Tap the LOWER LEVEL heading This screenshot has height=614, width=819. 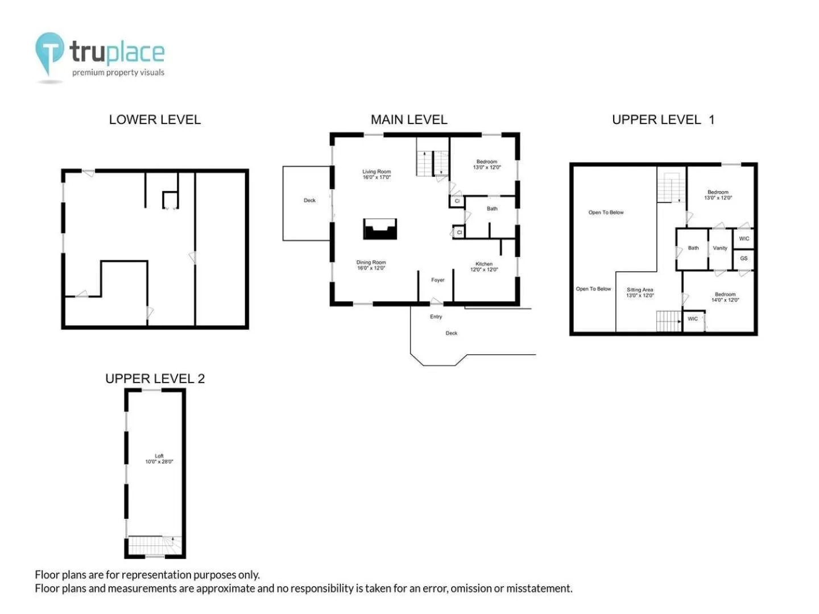(x=155, y=119)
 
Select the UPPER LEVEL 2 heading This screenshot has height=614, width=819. (x=155, y=379)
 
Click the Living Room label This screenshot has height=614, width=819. (x=377, y=172)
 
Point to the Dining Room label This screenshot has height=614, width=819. (x=371, y=262)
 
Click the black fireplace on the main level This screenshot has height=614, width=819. (x=380, y=229)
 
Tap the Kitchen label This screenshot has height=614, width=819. (x=484, y=264)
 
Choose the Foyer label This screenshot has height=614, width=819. (x=438, y=280)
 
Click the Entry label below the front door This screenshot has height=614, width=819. (x=436, y=317)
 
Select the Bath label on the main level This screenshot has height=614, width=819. (x=492, y=209)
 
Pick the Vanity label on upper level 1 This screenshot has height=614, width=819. (x=719, y=248)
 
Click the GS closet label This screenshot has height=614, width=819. (x=743, y=258)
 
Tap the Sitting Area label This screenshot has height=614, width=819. (x=639, y=290)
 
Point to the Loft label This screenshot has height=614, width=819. (x=159, y=456)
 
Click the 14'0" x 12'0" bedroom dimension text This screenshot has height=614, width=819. (x=725, y=300)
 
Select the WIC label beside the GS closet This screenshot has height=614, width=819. (x=743, y=239)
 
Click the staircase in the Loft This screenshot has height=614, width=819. (x=155, y=545)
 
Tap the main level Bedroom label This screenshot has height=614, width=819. (x=486, y=162)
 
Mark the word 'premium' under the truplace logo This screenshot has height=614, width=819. (x=88, y=73)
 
